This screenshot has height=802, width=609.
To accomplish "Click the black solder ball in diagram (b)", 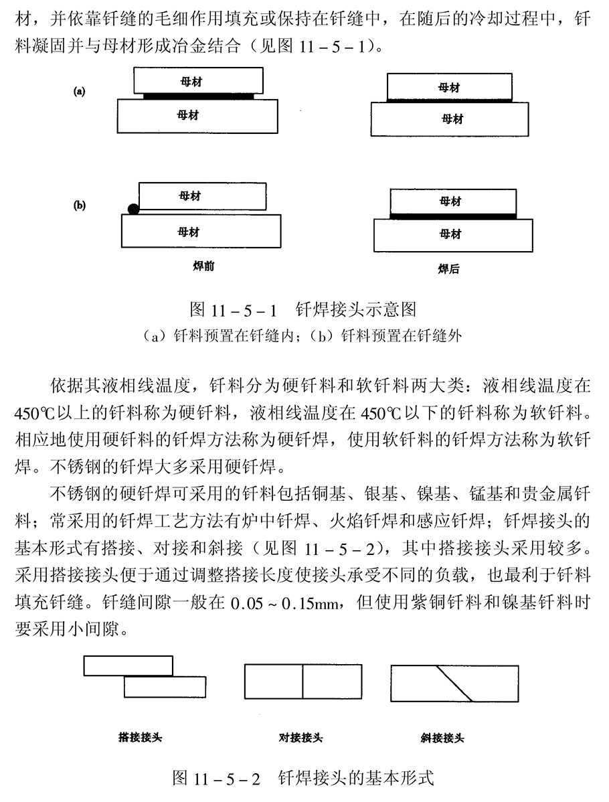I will [134, 209].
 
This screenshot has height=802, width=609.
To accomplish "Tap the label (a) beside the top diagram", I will [80, 92].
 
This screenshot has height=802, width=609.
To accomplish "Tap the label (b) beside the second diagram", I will [80, 206].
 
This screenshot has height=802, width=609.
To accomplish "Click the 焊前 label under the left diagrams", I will [203, 266].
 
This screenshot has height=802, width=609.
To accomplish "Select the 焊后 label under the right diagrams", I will [448, 269].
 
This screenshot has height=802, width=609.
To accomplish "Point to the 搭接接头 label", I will [140, 738].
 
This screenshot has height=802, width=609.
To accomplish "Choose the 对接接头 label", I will [300, 738].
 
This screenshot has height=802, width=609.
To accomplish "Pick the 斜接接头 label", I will [442, 738].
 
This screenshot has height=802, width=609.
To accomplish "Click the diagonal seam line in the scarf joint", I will [455, 684].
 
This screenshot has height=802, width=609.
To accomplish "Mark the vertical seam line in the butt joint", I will [302, 682].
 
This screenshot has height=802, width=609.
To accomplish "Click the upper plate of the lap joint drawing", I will [128, 665].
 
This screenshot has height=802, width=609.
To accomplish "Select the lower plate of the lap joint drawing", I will [165, 688].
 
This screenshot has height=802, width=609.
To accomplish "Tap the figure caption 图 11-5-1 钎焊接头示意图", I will [303, 309].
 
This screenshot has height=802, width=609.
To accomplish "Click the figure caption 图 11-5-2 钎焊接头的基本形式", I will [303, 779].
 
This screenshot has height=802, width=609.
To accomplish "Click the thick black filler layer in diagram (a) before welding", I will [199, 96].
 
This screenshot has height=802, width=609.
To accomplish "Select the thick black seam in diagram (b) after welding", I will [453, 216].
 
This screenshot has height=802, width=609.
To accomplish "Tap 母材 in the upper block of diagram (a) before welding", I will [191, 81].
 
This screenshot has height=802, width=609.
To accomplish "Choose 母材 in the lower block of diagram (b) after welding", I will [450, 234].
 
